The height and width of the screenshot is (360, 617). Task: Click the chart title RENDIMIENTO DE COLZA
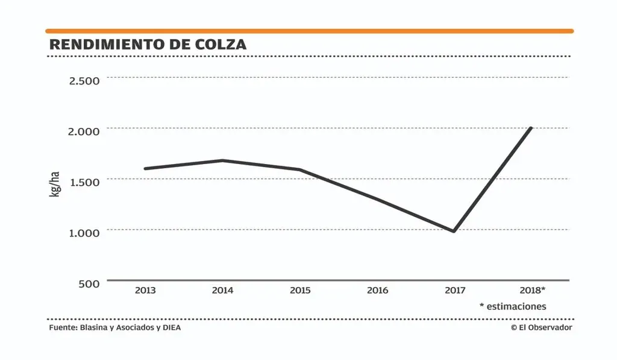[x=147, y=45]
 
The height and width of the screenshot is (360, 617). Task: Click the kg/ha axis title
[x=55, y=185]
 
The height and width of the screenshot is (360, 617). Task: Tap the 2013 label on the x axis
[x=145, y=291]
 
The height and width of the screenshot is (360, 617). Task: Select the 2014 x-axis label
[x=222, y=291]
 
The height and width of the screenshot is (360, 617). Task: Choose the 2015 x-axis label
[x=300, y=291]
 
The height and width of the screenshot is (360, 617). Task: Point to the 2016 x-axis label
[x=377, y=291]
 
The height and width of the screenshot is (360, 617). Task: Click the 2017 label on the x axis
[x=455, y=291]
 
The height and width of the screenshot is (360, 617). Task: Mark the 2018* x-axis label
[x=532, y=291]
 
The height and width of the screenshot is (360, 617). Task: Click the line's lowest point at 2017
[x=454, y=231]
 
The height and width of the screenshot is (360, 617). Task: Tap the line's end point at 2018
[x=531, y=128]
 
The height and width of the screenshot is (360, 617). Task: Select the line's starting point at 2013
[x=145, y=168]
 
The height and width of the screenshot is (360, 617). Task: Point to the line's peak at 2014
[x=222, y=160]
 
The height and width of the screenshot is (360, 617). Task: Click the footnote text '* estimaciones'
[x=513, y=306]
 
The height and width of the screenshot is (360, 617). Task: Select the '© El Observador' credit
[x=541, y=327]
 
